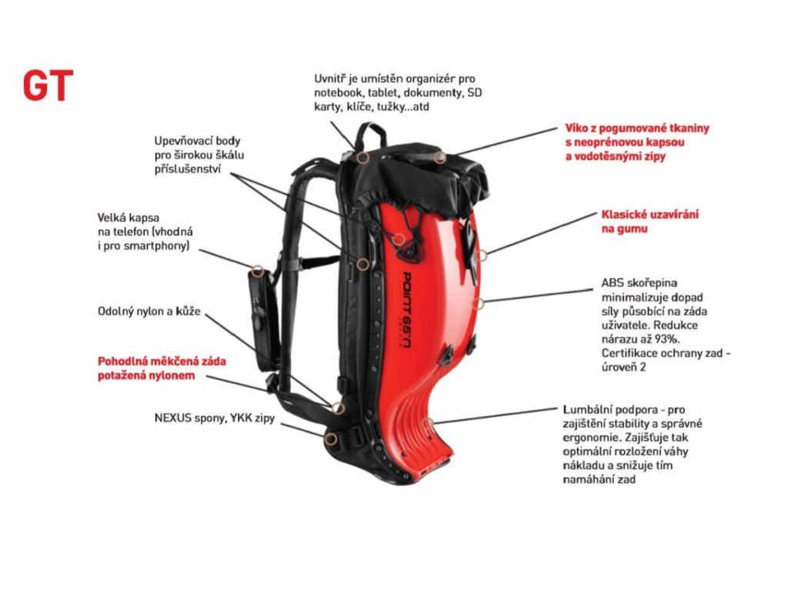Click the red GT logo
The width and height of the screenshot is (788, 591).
click(48, 86)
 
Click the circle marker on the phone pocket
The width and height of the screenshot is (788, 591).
click(258, 270)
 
